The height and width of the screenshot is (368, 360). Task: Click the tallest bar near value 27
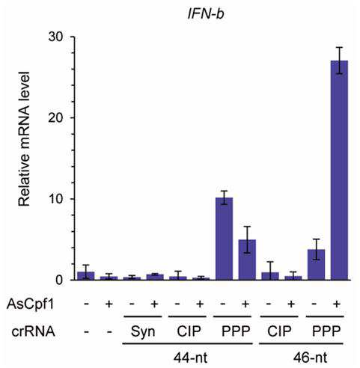click(x=339, y=171)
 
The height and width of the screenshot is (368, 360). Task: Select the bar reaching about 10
click(x=224, y=239)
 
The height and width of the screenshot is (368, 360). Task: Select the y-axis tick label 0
click(x=60, y=280)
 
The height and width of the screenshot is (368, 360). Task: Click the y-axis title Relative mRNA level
click(x=24, y=139)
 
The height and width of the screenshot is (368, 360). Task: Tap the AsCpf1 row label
click(x=30, y=304)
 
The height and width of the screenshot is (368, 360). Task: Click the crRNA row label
click(x=34, y=331)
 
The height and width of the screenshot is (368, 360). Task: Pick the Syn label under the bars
click(x=143, y=332)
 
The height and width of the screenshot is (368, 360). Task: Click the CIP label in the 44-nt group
click(x=189, y=331)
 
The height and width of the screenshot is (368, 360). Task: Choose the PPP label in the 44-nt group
click(x=236, y=331)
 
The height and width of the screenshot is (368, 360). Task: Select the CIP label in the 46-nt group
click(x=279, y=331)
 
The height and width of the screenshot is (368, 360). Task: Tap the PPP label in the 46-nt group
click(x=326, y=331)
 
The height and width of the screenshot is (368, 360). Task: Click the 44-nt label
click(x=190, y=358)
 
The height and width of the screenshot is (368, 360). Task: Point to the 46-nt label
click(x=310, y=358)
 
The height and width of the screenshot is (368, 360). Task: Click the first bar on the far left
click(x=86, y=276)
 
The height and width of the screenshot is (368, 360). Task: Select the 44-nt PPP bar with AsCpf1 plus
click(x=247, y=260)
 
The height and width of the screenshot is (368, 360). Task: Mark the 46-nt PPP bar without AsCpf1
click(x=316, y=265)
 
